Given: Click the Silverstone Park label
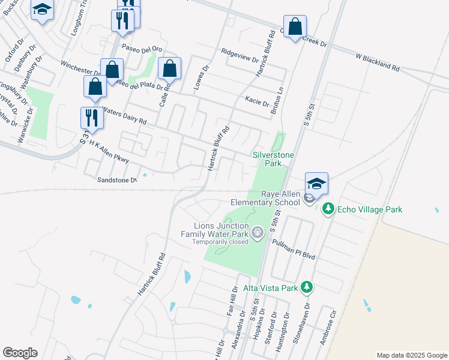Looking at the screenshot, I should click(x=273, y=159).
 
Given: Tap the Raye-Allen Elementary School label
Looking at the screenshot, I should click(x=280, y=198).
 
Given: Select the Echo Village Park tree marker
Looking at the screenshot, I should click(x=328, y=209).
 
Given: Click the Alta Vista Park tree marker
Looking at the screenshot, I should click(x=307, y=287).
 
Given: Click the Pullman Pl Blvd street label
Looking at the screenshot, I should click(x=293, y=248).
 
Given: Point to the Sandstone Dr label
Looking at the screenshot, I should click(x=118, y=179).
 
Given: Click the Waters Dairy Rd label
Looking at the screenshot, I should click(x=124, y=115).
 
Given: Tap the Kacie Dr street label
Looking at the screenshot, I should click(x=257, y=101).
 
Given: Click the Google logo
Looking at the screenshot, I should click(x=20, y=353).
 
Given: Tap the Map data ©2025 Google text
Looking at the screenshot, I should click(x=412, y=355).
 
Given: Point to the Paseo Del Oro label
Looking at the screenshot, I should click(x=142, y=49).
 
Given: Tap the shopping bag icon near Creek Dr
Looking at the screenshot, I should click(x=295, y=27).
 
